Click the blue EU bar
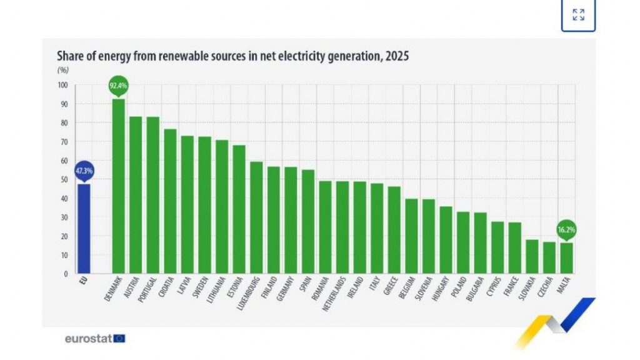pos(83,228)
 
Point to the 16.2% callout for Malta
pos(566,230)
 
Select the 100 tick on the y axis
pos(64,85)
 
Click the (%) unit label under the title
pos(63,69)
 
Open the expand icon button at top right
pos(578,14)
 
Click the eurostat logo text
pos(88,338)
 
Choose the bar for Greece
pos(394,230)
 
